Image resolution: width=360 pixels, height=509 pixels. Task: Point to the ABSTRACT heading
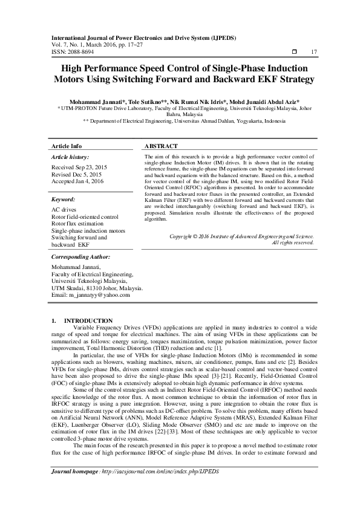click(162, 147)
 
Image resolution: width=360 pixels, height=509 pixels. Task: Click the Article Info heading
click(67, 147)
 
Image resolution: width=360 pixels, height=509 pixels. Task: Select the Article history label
click(71, 157)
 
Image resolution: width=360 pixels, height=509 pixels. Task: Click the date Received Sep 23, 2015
click(79, 166)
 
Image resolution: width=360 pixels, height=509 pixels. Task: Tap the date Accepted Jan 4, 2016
click(77, 181)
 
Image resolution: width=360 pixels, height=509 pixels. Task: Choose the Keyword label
click(64, 199)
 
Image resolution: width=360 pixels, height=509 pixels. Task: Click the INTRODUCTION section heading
click(88, 320)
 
